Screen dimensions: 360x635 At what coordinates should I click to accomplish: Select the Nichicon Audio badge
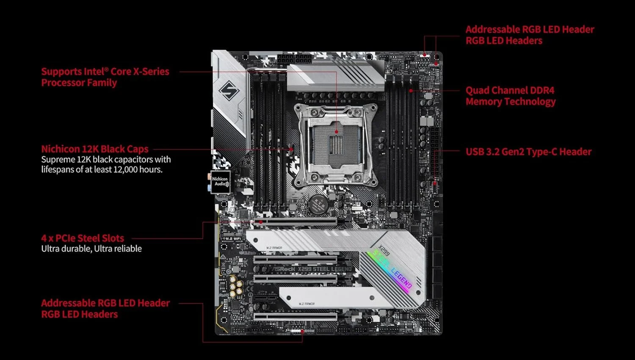tap(221, 182)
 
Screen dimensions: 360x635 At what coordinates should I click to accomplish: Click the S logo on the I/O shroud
tap(229, 90)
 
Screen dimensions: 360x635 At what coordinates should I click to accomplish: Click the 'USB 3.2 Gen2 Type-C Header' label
tap(528, 152)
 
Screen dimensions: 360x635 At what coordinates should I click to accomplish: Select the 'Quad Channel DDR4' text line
tap(510, 90)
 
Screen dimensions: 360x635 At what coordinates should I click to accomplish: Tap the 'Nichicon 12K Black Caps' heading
tap(95, 149)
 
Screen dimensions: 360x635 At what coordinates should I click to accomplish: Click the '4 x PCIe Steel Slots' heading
tap(83, 238)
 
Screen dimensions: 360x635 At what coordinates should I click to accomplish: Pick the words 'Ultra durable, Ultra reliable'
tap(91, 249)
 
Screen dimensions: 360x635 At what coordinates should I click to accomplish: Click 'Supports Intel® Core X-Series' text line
tap(105, 72)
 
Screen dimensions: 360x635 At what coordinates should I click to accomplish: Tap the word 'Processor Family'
tap(79, 83)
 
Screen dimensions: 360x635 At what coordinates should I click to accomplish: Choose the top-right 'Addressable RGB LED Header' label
tap(530, 29)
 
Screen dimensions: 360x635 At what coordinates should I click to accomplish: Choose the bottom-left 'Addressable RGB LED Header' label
tap(105, 303)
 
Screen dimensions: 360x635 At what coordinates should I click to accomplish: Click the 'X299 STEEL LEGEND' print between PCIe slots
tap(324, 269)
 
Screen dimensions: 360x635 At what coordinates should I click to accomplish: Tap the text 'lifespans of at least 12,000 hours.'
tap(102, 169)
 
